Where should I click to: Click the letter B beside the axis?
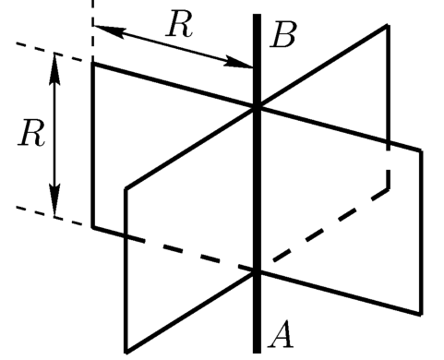click(x=283, y=34)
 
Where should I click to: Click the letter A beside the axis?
click(x=281, y=334)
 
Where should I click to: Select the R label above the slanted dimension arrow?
click(x=180, y=23)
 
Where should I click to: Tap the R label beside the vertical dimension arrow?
click(x=31, y=132)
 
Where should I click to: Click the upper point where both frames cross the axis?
click(x=257, y=107)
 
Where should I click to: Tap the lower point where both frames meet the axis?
click(x=257, y=271)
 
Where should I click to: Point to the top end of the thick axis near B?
click(x=258, y=15)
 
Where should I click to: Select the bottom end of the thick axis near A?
click(x=257, y=353)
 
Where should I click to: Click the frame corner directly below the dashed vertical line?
click(x=93, y=64)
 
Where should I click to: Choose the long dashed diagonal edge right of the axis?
click(x=330, y=225)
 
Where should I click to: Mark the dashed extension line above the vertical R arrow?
click(x=49, y=53)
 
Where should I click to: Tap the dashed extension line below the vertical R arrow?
click(x=49, y=216)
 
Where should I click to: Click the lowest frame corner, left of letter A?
click(x=126, y=353)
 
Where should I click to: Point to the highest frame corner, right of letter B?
click(x=388, y=27)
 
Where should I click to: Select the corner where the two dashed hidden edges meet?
click(x=389, y=188)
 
